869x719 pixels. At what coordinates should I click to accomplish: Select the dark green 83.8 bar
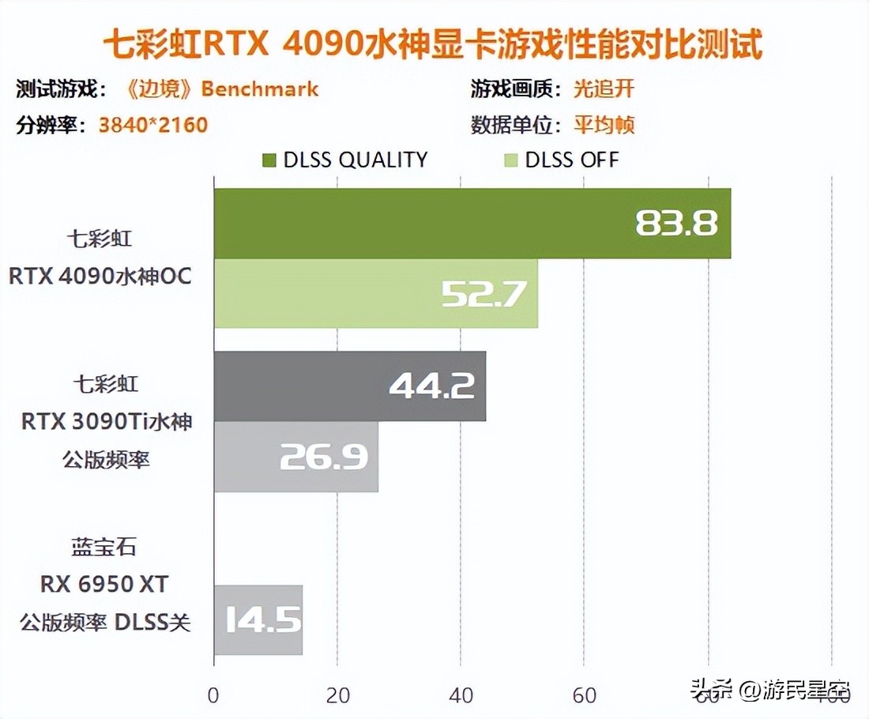472,224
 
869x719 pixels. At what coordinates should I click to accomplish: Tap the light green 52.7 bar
375,293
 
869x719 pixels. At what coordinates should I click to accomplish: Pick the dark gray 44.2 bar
349,386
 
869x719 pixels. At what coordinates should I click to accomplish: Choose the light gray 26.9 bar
295,457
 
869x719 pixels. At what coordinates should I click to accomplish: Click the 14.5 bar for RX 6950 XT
258,619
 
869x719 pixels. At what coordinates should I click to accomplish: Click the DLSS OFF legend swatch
510,160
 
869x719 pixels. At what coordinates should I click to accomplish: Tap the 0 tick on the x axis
213,695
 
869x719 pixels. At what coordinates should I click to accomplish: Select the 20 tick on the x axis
337,695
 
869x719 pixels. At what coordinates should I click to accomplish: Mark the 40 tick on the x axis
461,695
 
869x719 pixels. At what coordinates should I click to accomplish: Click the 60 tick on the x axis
584,695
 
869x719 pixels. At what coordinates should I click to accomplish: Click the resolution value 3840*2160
153,125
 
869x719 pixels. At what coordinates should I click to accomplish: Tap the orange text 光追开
604,88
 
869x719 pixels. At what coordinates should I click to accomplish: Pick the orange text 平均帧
604,125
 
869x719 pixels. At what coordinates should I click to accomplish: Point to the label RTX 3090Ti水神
107,422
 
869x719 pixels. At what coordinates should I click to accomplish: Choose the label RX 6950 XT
105,584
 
